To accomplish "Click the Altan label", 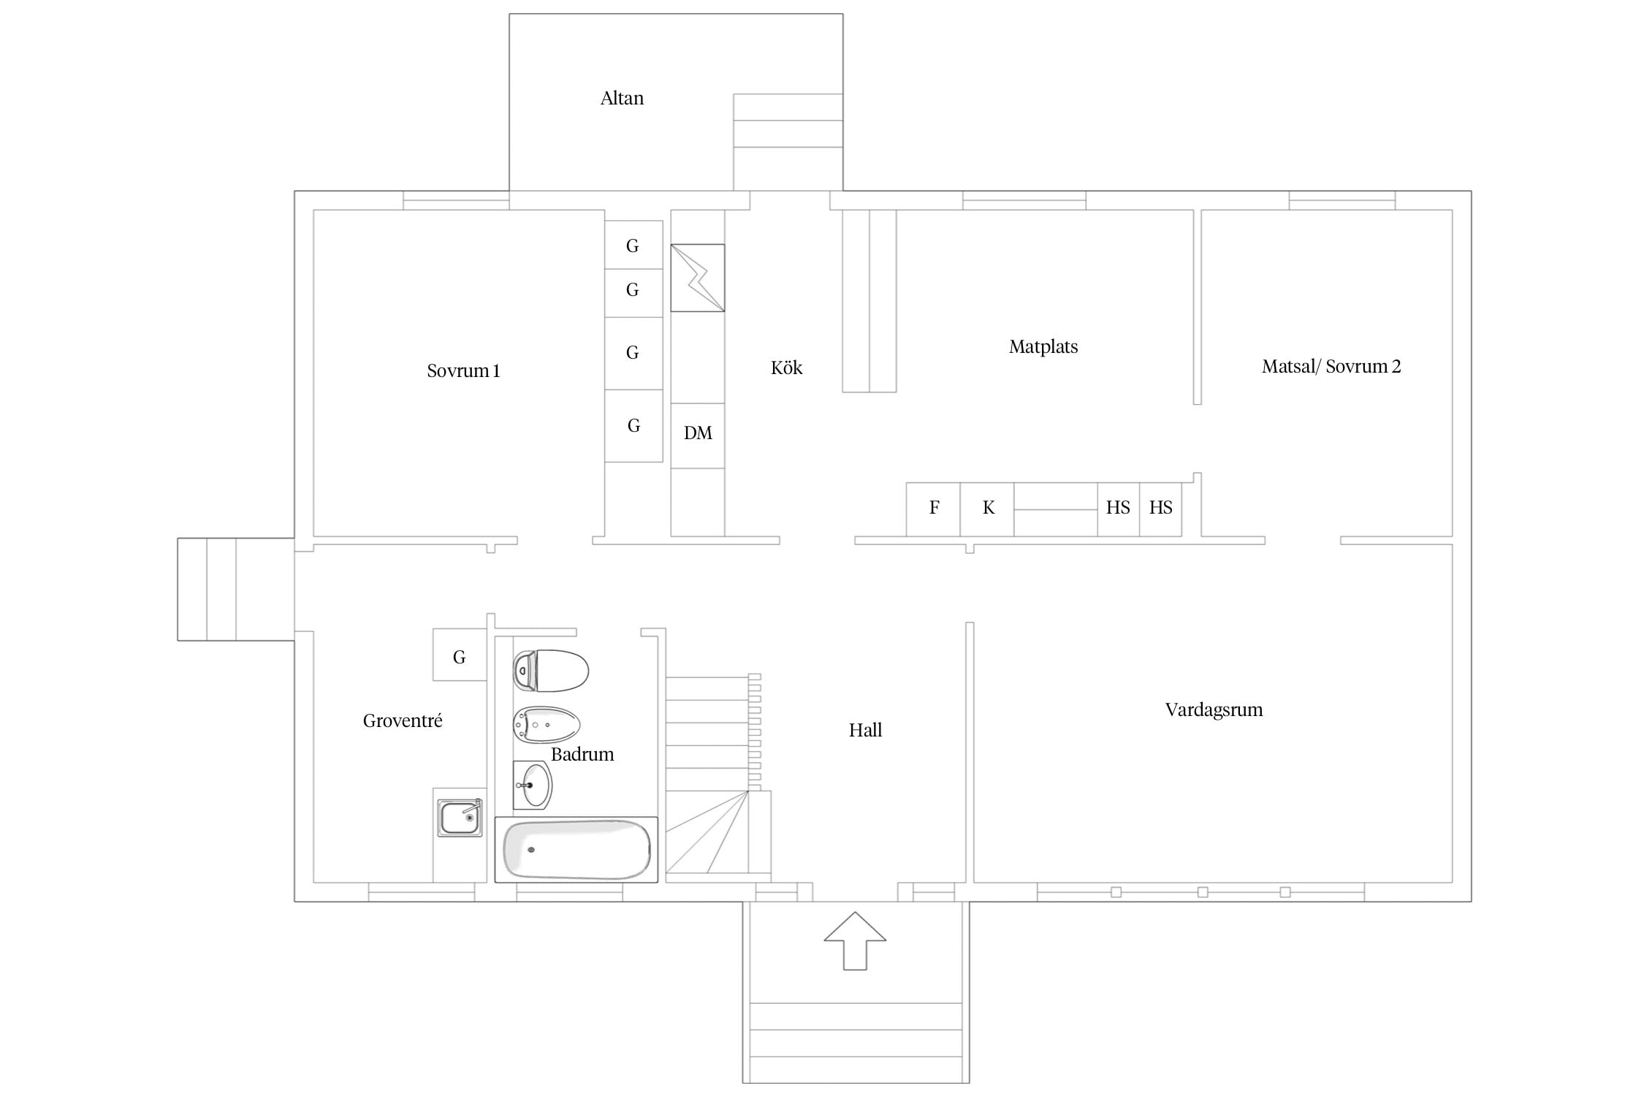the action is click(x=622, y=98).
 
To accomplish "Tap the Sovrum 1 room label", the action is click(x=463, y=370).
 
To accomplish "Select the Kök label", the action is click(x=786, y=368).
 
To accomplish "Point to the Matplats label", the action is click(x=1043, y=346).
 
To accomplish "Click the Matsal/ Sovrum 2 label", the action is click(x=1331, y=366).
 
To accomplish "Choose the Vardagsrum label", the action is click(x=1214, y=709).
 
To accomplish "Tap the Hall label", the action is click(x=865, y=730).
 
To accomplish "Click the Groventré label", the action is click(x=403, y=720).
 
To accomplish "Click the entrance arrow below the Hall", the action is click(x=855, y=941).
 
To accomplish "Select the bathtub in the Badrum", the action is click(x=576, y=850).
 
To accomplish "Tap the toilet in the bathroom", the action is click(x=551, y=671).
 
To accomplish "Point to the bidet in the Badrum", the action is click(x=547, y=725).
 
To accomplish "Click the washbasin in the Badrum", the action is click(x=533, y=785).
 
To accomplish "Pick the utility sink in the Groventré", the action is click(x=460, y=817).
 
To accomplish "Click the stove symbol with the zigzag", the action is click(x=698, y=278).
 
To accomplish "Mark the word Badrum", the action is click(x=582, y=754).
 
